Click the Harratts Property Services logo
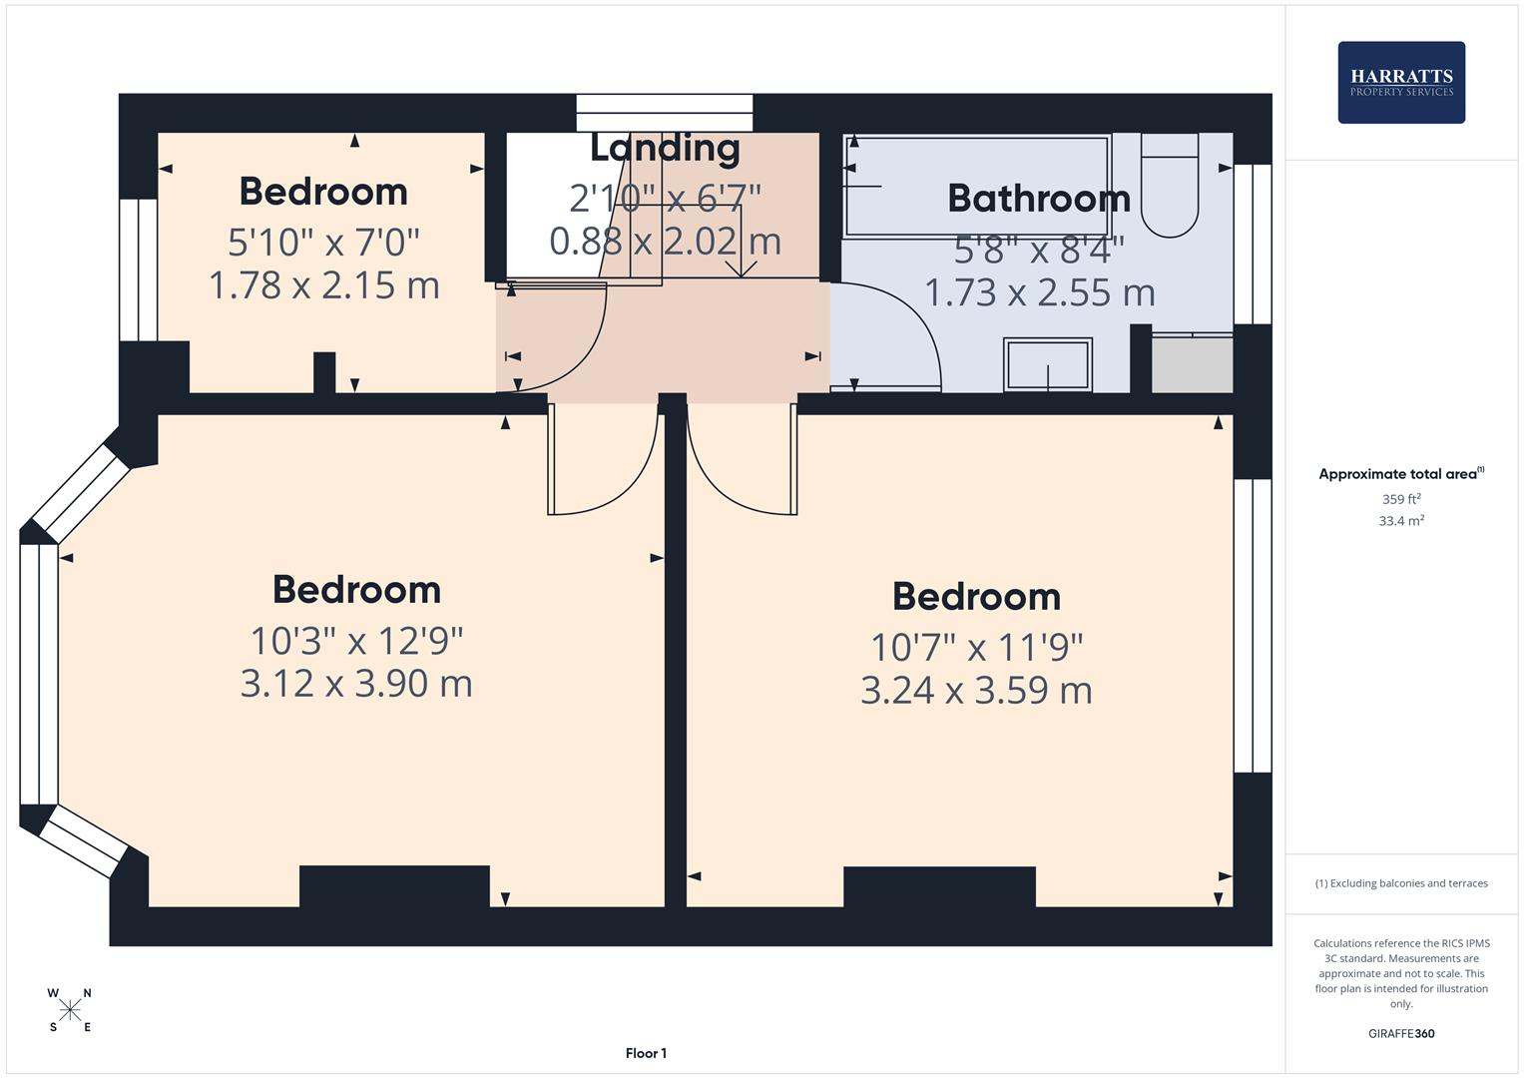(x=1400, y=83)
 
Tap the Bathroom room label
(x=1038, y=198)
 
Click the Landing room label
(x=665, y=148)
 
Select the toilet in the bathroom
(x=1169, y=190)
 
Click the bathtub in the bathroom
(x=976, y=186)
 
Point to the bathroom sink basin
(x=1047, y=364)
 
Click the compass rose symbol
(x=70, y=1010)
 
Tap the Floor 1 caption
(x=646, y=1053)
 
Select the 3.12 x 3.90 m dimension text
(x=356, y=684)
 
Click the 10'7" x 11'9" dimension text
(x=976, y=647)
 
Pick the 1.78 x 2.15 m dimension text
(x=323, y=285)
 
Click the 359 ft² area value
(x=1400, y=499)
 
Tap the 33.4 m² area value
(x=1400, y=521)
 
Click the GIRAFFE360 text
(x=1400, y=1033)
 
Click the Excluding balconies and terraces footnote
(x=1400, y=883)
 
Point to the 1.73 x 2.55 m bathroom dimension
(x=1039, y=292)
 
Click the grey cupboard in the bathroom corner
(x=1192, y=365)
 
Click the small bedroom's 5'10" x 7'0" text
(x=323, y=242)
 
